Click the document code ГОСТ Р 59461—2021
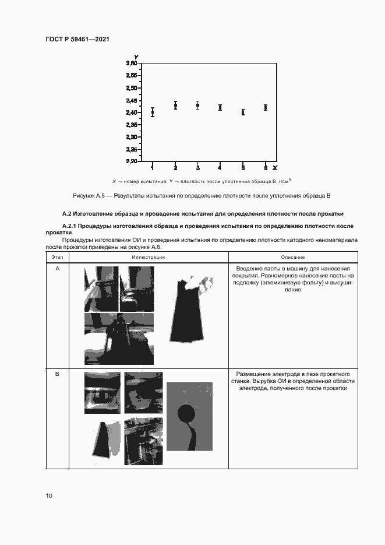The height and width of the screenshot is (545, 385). click(x=77, y=39)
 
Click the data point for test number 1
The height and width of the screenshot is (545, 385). click(x=153, y=112)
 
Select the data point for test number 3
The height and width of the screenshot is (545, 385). click(x=198, y=106)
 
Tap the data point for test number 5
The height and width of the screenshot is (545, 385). click(x=243, y=112)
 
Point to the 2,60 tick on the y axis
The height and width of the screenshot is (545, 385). click(x=132, y=63)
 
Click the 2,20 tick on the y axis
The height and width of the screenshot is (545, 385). click(x=132, y=161)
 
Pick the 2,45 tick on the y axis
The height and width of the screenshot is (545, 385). click(x=132, y=100)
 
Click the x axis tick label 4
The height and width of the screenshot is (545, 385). click(x=220, y=167)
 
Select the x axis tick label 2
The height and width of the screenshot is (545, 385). click(x=175, y=167)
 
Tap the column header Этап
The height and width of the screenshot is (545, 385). click(x=57, y=257)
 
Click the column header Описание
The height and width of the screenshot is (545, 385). click(x=292, y=257)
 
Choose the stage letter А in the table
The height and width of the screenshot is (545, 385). click(x=57, y=269)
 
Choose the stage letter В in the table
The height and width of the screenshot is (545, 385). click(x=57, y=374)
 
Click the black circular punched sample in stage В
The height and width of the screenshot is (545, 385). click(x=187, y=415)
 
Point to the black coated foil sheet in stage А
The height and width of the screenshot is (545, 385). click(x=188, y=312)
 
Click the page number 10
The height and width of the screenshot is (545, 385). click(x=49, y=496)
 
